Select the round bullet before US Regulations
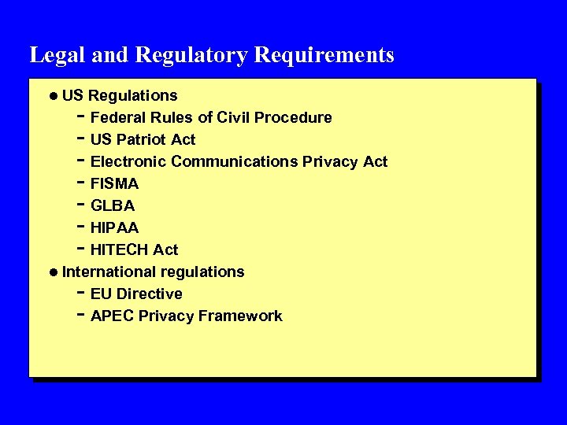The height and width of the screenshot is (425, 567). pyautogui.click(x=52, y=96)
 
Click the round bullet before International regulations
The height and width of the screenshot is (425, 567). pyautogui.click(x=52, y=272)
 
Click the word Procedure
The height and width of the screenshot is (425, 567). pyautogui.click(x=296, y=117)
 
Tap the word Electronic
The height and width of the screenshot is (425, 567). pyautogui.click(x=128, y=161)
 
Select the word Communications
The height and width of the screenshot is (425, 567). pyautogui.click(x=234, y=161)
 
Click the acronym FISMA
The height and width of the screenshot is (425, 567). pyautogui.click(x=115, y=183)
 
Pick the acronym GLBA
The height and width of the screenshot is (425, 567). pyautogui.click(x=113, y=205)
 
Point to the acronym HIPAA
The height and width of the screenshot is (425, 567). pyautogui.click(x=114, y=227)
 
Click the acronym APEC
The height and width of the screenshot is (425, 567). pyautogui.click(x=113, y=316)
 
